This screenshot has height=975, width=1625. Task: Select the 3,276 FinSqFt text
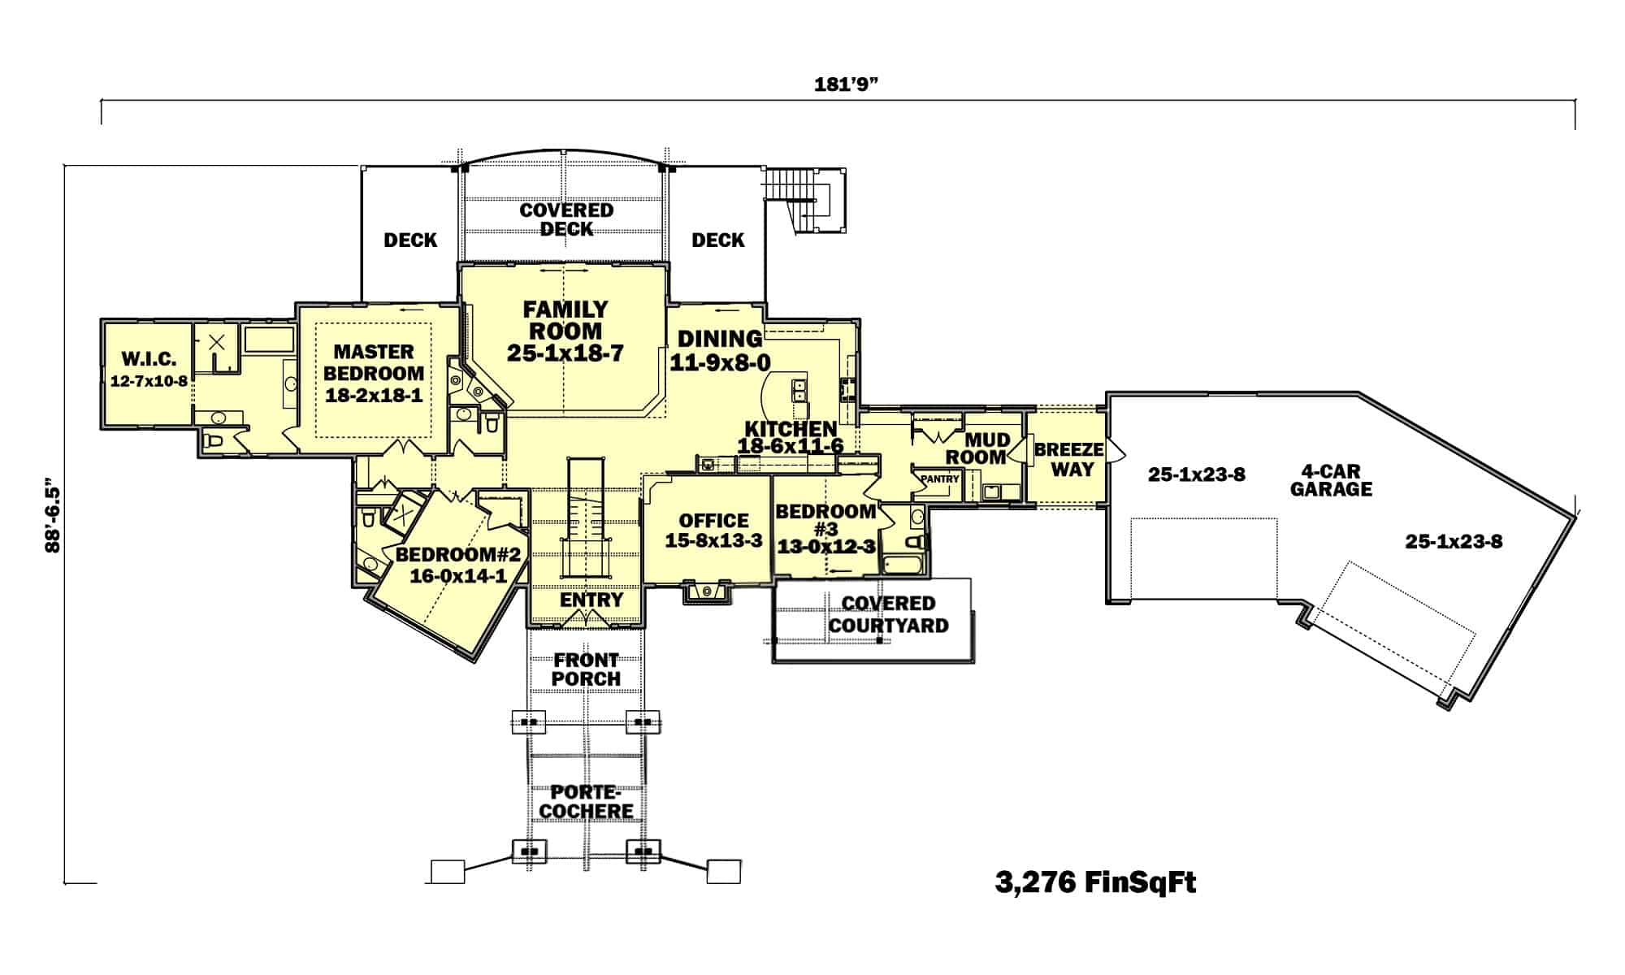(x=1095, y=882)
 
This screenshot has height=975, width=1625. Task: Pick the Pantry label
(x=940, y=479)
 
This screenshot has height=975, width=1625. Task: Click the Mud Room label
(x=986, y=448)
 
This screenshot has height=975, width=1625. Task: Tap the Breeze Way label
(x=1069, y=459)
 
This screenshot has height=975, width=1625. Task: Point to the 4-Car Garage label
(x=1330, y=480)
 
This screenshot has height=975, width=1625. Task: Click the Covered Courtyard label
(x=888, y=614)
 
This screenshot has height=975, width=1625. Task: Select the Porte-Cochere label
(x=586, y=801)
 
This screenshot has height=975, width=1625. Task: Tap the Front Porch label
(x=587, y=669)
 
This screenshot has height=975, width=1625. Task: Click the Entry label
(x=591, y=600)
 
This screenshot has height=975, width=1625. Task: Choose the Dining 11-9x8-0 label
(x=720, y=349)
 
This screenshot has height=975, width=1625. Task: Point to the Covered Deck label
(x=566, y=219)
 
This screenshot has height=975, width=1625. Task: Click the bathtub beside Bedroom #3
(x=904, y=564)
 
